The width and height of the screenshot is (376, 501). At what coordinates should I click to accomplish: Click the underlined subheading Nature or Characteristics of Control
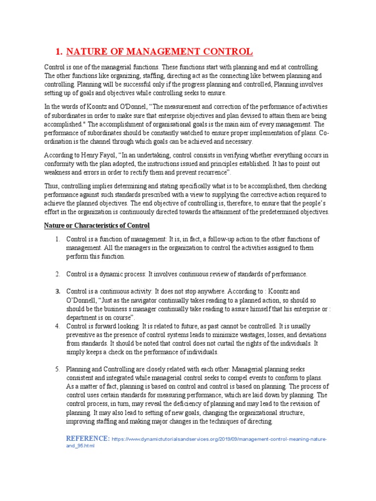(97, 226)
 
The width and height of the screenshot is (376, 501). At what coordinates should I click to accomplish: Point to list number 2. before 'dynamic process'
(57, 273)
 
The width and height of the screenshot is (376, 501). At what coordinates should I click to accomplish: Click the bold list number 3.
(57, 291)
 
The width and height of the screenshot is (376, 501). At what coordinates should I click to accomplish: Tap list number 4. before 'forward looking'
(57, 326)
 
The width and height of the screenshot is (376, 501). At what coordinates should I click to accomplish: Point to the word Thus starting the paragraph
(52, 186)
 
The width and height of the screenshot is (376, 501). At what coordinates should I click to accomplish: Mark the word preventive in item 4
(82, 335)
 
